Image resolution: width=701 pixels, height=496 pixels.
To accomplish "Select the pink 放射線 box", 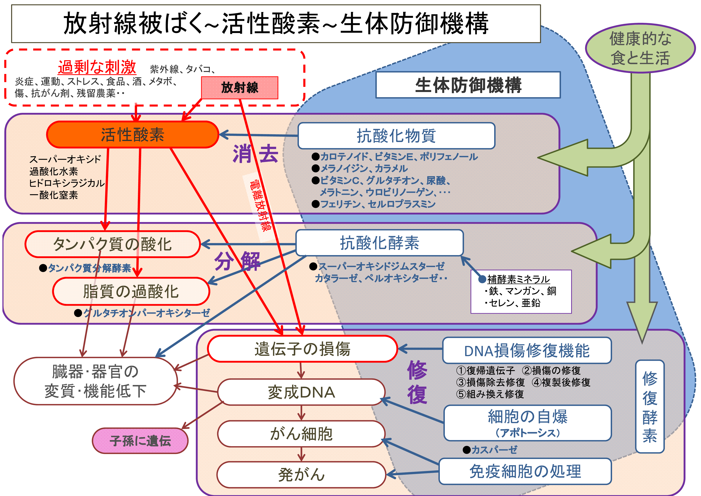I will click(x=240, y=88).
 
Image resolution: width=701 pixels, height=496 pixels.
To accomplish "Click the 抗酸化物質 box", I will click(x=396, y=136).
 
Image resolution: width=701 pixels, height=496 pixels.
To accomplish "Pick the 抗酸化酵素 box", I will click(x=379, y=243).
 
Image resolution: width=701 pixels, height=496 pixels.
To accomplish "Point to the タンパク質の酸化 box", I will click(x=112, y=244).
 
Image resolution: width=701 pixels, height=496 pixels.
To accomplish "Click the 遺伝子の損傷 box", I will click(x=302, y=349).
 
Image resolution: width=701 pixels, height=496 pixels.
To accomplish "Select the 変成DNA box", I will click(x=301, y=392).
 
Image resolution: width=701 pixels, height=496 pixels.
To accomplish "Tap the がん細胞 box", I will click(x=301, y=434).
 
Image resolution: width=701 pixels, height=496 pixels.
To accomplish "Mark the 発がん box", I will click(x=301, y=475).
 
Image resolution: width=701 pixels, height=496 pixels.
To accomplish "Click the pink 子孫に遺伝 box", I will click(x=140, y=441).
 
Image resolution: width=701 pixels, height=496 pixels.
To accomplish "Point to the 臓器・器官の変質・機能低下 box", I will click(x=96, y=381).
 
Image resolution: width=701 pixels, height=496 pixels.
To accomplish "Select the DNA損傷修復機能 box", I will click(x=527, y=351).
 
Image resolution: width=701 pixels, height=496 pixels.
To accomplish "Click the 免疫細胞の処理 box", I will click(x=525, y=471).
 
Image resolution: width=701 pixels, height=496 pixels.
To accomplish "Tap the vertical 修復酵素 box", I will click(x=649, y=406).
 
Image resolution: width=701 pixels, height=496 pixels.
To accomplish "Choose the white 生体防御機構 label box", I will click(x=468, y=85).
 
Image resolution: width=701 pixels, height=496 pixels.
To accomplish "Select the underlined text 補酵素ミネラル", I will click(x=518, y=279).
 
